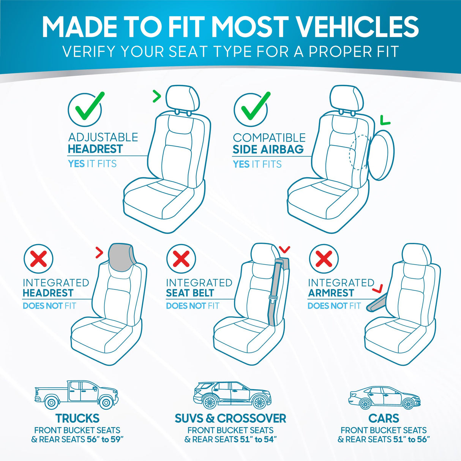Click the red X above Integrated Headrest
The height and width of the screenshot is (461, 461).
[38, 259]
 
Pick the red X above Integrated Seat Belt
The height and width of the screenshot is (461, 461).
[181, 259]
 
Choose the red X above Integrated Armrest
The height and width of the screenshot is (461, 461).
[324, 259]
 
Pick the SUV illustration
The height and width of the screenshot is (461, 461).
[232, 395]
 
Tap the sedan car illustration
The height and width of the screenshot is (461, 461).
[384, 398]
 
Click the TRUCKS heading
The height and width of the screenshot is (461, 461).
[77, 418]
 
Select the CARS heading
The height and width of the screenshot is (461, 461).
[384, 418]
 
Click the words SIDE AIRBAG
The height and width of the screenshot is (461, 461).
[268, 149]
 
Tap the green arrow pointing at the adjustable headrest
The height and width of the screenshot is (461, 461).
[156, 96]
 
